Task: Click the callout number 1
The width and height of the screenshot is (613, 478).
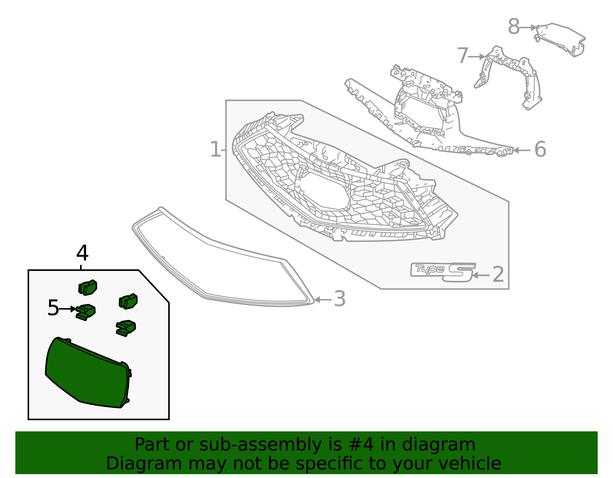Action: tap(215, 149)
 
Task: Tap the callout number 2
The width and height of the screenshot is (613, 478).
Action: tap(498, 275)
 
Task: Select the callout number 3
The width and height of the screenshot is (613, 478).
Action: tap(340, 299)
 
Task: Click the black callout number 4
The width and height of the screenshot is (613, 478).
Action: tap(82, 253)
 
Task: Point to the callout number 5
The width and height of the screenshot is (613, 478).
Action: tap(53, 308)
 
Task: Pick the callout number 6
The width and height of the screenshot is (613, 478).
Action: tap(540, 149)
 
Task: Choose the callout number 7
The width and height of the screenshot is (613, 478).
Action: tap(462, 56)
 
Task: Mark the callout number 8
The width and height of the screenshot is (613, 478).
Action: tap(514, 27)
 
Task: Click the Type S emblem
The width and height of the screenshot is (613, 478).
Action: tap(443, 271)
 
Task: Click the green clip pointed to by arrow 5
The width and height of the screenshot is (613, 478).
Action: tap(86, 312)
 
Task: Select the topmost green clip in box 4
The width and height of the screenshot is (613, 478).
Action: tap(88, 287)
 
